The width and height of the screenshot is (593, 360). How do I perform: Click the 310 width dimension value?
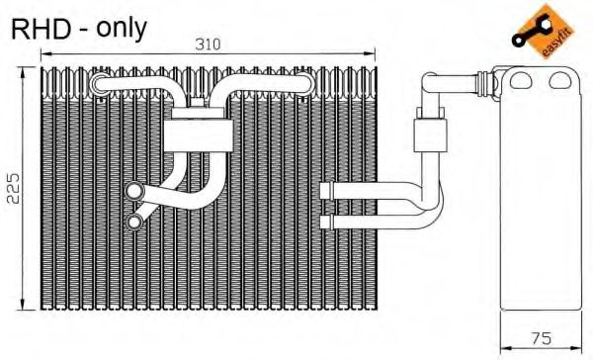coord(208,45)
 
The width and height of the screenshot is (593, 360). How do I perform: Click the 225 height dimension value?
coord(14,189)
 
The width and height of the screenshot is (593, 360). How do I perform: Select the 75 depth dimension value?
coord(542,338)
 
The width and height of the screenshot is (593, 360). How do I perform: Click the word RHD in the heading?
coord(41,29)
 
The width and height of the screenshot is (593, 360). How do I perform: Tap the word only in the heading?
coord(121,29)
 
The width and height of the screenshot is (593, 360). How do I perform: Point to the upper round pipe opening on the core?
coord(134,191)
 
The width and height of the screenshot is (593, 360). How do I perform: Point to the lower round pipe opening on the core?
coord(134,222)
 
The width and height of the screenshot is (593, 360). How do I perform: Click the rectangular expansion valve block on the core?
coord(199,135)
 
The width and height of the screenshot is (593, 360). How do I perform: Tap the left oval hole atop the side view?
coord(521,80)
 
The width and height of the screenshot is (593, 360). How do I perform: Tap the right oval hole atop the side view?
coord(560,80)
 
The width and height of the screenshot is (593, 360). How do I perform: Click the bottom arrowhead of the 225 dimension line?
coord(23,305)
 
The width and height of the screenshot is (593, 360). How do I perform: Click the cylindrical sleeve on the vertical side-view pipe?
coord(430,135)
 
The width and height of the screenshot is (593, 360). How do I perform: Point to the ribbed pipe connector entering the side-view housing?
coord(486,82)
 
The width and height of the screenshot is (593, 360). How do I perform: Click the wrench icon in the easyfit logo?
coord(529,32)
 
